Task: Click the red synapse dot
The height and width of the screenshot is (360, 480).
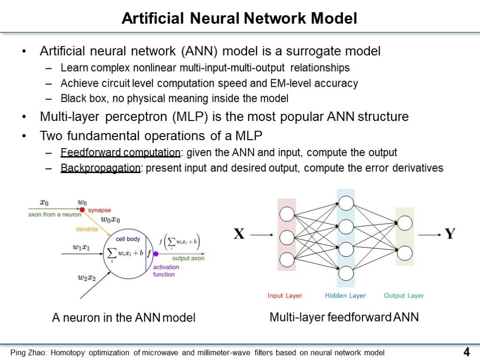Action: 82,210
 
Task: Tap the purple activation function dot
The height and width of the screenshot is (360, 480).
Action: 156,254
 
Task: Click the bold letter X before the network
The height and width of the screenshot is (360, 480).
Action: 239,234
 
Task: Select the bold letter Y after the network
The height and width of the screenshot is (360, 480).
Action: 450,234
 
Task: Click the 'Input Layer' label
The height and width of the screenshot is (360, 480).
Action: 285,295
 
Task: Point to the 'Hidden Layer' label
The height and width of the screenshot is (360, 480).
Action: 345,295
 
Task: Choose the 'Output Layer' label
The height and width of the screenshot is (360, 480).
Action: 404,295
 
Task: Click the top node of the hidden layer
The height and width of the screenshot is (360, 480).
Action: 346,203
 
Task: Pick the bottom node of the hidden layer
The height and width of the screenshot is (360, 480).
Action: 346,273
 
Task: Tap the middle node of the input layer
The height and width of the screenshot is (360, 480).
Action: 287,238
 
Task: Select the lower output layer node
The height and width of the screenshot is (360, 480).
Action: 405,253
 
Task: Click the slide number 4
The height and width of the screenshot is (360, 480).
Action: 466,352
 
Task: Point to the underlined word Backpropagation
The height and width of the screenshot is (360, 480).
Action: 100,168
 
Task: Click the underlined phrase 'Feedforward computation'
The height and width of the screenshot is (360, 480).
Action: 120,152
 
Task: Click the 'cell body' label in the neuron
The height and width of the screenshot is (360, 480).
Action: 127,239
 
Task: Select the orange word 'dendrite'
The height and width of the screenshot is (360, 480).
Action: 87,229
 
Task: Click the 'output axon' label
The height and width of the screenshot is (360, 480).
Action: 188,258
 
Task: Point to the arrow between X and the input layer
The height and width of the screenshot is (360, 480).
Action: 262,235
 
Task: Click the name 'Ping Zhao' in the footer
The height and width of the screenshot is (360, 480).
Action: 29,352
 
